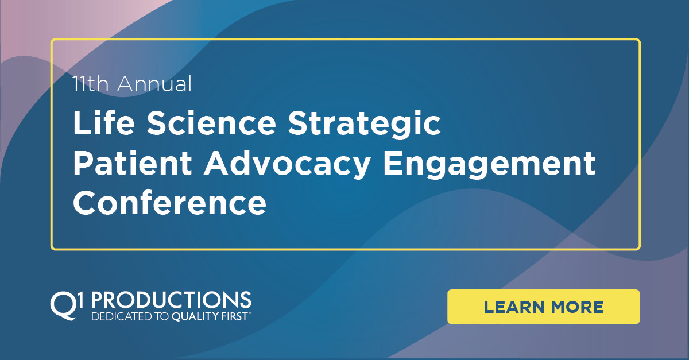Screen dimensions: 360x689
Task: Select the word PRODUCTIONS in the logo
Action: pyautogui.click(x=172, y=300)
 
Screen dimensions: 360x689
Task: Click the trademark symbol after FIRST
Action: pyautogui.click(x=250, y=313)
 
